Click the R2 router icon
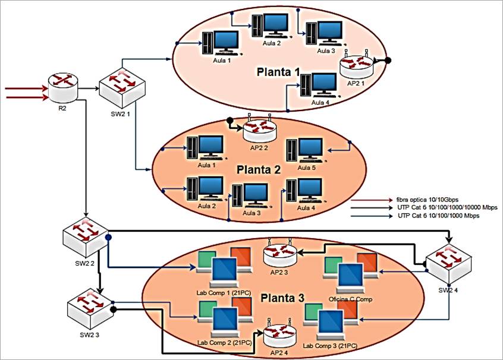pos(62,87)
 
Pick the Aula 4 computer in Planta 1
pos(319,84)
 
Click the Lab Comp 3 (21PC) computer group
pos(330,323)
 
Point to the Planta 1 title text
pos(278,72)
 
